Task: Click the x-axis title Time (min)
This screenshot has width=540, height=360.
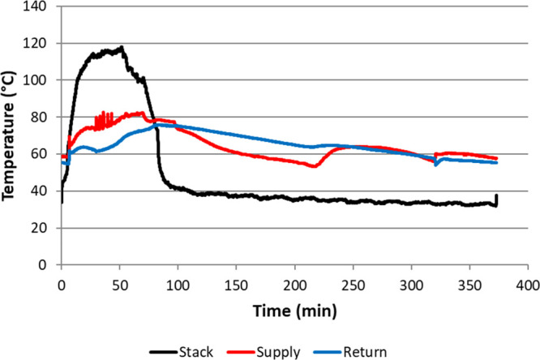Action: pos(294,311)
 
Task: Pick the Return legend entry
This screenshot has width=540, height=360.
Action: pos(364,351)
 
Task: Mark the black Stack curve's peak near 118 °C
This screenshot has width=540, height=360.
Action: pos(122,47)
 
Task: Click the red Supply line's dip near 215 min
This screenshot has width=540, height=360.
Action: pos(313,166)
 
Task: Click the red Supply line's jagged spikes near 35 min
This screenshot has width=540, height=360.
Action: pos(103,118)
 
